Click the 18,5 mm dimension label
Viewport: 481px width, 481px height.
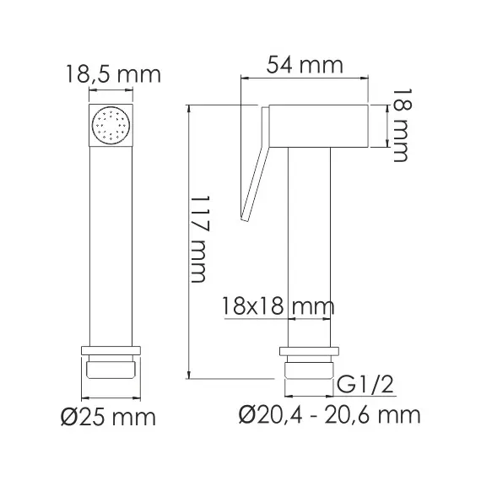point(112,74)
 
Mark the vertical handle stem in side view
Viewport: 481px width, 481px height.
point(311,245)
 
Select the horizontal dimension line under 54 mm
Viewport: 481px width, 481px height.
point(305,79)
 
